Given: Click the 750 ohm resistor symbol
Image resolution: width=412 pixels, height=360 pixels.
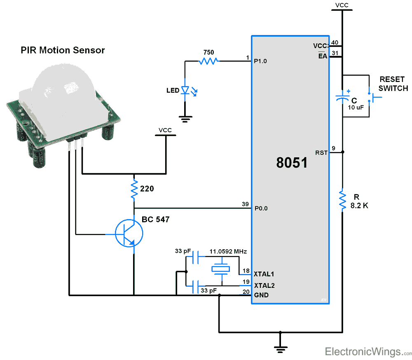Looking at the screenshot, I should (x=208, y=61).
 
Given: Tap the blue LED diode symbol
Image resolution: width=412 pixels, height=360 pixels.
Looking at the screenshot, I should (x=185, y=90).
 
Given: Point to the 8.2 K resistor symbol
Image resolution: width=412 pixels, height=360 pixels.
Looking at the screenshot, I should (x=342, y=200).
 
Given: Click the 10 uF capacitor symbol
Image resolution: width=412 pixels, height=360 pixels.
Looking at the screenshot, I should (x=342, y=98).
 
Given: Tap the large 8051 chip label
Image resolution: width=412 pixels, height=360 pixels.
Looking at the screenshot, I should (x=292, y=163).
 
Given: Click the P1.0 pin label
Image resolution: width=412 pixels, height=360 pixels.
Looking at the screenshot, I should (x=261, y=61).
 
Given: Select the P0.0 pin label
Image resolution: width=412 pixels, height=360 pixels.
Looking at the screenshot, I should (x=261, y=208).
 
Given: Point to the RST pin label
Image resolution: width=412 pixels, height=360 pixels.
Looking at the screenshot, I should (x=321, y=153).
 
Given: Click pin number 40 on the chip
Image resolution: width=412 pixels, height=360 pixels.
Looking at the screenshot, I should (x=335, y=42).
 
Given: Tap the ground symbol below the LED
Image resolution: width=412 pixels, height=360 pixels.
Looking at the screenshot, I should (x=185, y=119).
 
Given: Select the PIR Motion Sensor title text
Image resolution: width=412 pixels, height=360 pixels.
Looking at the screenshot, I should (x=63, y=50).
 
